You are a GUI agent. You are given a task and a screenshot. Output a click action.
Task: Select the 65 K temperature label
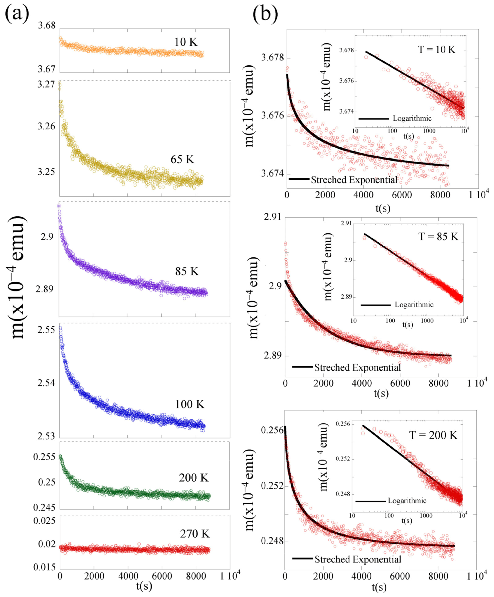(x=182, y=160)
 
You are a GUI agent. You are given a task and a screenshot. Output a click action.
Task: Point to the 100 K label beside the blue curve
(x=189, y=404)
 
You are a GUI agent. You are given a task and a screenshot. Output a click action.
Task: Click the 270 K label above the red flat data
(x=195, y=534)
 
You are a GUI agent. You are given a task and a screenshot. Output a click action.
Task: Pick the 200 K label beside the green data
(x=194, y=478)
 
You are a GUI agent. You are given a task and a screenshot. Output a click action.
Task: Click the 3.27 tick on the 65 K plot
(x=46, y=85)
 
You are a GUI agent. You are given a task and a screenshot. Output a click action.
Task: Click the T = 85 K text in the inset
(x=438, y=237)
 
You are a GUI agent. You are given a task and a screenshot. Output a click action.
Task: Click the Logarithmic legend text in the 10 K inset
(x=412, y=118)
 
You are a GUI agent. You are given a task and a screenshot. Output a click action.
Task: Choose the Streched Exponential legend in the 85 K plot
(x=357, y=368)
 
